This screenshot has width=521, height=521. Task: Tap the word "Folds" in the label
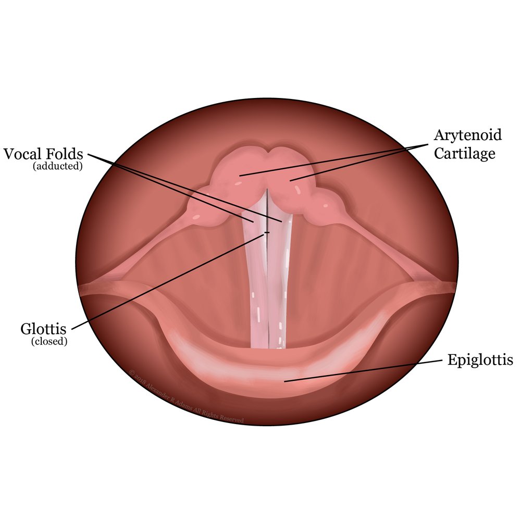click(x=66, y=154)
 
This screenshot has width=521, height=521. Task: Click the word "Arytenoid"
click(x=468, y=135)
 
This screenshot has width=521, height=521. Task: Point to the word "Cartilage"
click(x=465, y=154)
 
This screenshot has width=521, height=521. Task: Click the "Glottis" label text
click(x=44, y=329)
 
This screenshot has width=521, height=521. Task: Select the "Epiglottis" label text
click(x=480, y=360)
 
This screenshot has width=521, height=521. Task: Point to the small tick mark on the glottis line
click(x=267, y=232)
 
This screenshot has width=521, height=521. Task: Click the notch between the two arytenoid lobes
click(x=268, y=153)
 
